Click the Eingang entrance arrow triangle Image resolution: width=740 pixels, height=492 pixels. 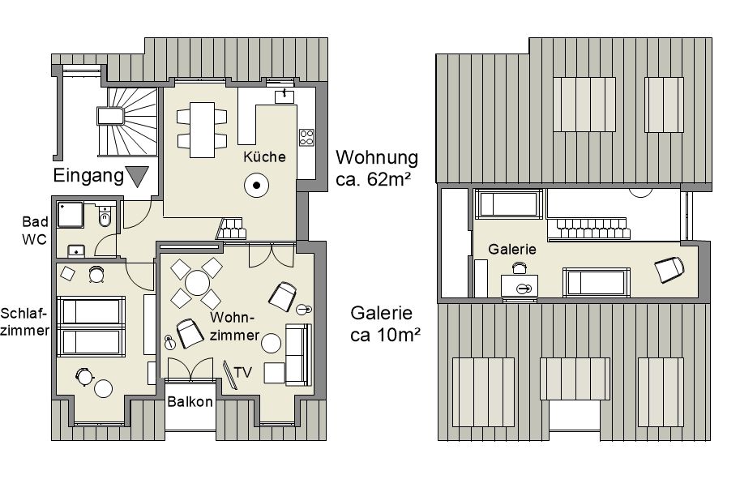click(x=137, y=176)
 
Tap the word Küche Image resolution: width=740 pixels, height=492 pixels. click(x=264, y=156)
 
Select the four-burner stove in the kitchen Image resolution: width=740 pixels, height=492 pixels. click(x=306, y=138)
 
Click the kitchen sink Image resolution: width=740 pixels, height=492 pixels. click(x=284, y=96)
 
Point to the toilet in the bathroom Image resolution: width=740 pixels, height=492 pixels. click(x=105, y=216)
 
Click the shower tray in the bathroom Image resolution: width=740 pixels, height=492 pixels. click(x=71, y=215)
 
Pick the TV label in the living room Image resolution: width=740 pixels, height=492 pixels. click(x=242, y=373)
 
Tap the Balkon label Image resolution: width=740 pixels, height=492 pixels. click(x=190, y=402)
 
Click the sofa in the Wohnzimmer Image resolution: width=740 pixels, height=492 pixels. click(x=298, y=354)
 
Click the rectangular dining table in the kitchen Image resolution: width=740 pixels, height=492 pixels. click(x=203, y=130)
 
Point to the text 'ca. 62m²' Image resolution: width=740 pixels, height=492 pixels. click(x=373, y=179)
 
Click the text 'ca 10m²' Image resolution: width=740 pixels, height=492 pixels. click(x=385, y=335)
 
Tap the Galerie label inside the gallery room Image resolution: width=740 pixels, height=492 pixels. click(x=512, y=250)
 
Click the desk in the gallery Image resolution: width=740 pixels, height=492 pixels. click(x=519, y=286)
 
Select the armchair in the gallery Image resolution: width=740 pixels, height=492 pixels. click(x=669, y=269)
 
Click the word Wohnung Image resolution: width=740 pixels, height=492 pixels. click(x=377, y=158)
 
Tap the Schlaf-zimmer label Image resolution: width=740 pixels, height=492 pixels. click(x=24, y=322)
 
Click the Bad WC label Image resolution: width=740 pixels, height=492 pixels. click(x=35, y=230)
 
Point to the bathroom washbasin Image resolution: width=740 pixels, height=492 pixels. click(x=76, y=251)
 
